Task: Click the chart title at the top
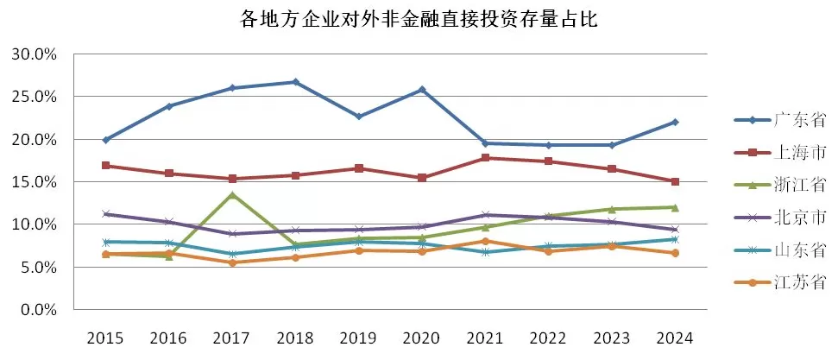(x=419, y=19)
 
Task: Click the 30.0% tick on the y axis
(x=35, y=54)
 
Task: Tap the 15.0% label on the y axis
(x=35, y=182)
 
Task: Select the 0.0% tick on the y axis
(x=38, y=309)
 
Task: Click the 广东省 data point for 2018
(x=295, y=82)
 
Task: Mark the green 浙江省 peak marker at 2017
(x=232, y=194)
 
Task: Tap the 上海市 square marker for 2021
(x=485, y=158)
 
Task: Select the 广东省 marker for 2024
(x=674, y=122)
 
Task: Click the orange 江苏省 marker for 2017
(x=232, y=262)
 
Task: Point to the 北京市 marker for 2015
(x=105, y=214)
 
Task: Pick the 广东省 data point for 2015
(x=105, y=140)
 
